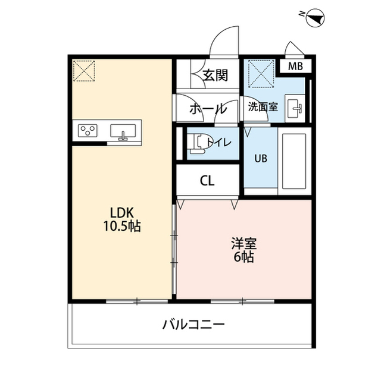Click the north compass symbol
[313, 20]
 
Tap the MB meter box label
[295, 65]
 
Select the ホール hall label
[208, 109]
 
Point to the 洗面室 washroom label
[263, 108]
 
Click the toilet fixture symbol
[198, 143]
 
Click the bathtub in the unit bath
[293, 161]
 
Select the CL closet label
[207, 180]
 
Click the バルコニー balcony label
[193, 325]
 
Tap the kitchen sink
[124, 132]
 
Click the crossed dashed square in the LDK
[83, 71]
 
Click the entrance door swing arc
[223, 40]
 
